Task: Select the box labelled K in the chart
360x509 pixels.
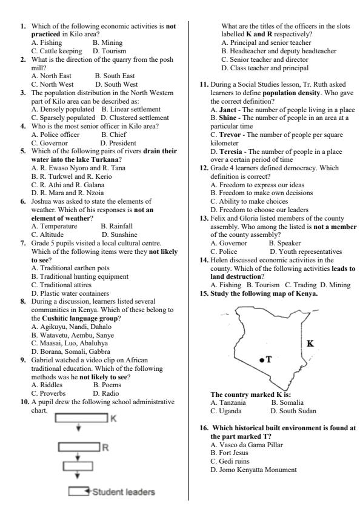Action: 80,419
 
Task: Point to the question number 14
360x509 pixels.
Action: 205,259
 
